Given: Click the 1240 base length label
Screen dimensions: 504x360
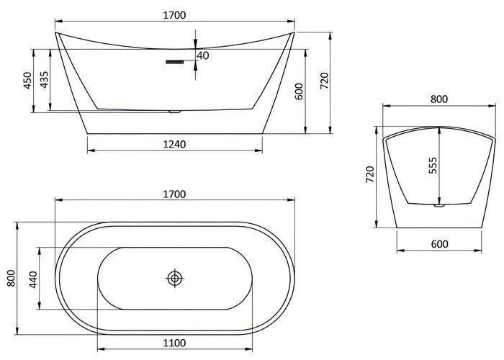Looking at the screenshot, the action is point(174,144).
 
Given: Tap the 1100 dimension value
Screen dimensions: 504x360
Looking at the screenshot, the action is point(174,343).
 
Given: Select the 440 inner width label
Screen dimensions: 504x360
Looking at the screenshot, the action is point(33,279).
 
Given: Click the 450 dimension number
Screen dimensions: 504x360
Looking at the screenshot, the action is point(27,81).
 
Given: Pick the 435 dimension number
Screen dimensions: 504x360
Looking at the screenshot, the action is point(44,79).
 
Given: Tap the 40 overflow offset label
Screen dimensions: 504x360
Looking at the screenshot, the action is point(203,55).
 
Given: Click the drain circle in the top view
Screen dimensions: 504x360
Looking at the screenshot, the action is point(175,278).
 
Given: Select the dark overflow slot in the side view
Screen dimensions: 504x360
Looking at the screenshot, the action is point(174,61).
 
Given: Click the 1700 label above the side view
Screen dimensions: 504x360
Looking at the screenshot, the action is point(174,15).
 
